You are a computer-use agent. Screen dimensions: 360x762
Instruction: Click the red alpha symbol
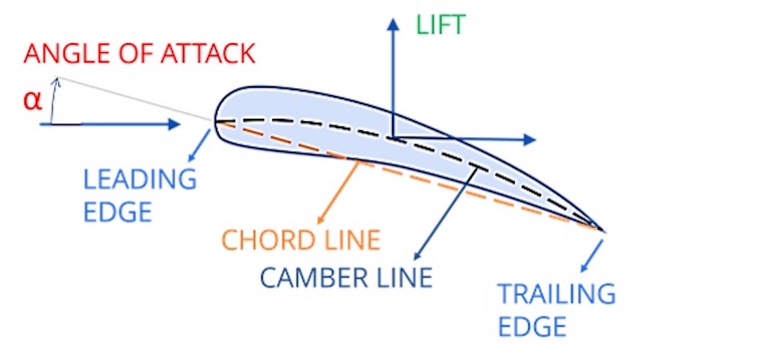click(x=32, y=100)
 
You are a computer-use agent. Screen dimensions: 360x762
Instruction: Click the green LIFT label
click(x=440, y=25)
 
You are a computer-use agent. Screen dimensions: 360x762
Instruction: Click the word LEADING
click(x=139, y=179)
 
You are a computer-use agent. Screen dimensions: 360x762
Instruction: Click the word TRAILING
click(x=557, y=294)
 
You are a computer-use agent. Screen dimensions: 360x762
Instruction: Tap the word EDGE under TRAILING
click(x=532, y=326)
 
